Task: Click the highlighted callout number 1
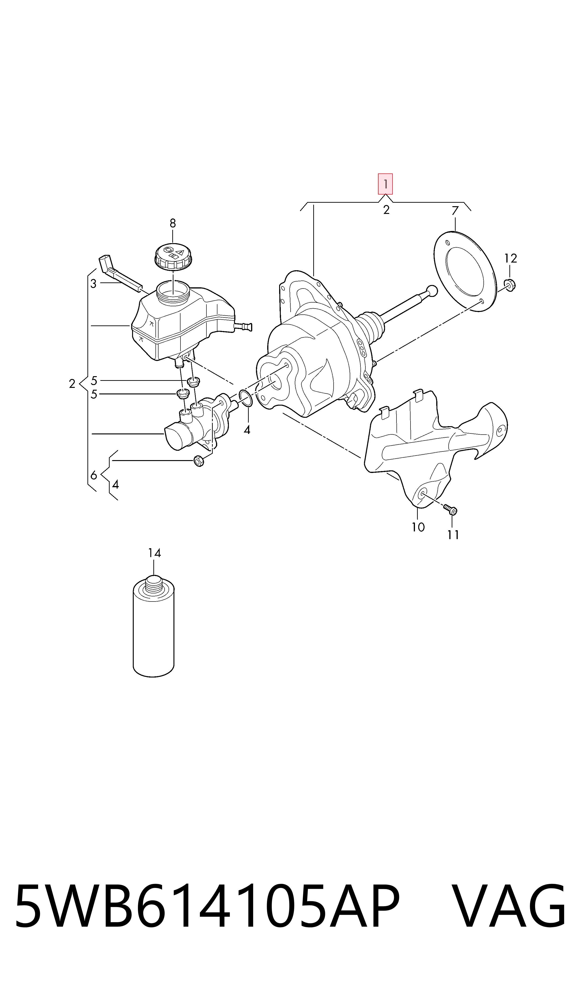pyautogui.click(x=385, y=184)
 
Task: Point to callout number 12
pyautogui.click(x=510, y=258)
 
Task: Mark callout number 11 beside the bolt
pyautogui.click(x=453, y=535)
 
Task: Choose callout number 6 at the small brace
pyautogui.click(x=94, y=476)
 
